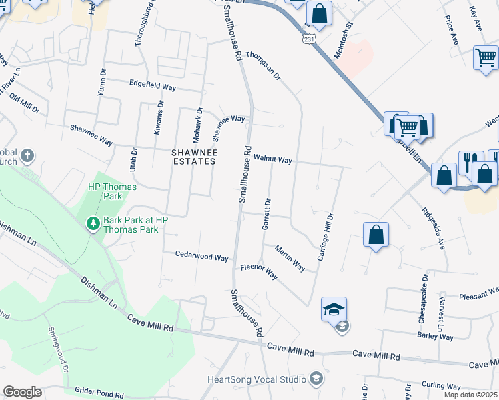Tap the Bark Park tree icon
(x=93, y=223)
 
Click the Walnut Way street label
(x=272, y=160)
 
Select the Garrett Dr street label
(x=266, y=214)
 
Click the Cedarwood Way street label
(x=202, y=256)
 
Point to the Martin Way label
(x=290, y=257)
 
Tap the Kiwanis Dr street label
(x=158, y=118)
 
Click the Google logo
(x=22, y=392)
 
